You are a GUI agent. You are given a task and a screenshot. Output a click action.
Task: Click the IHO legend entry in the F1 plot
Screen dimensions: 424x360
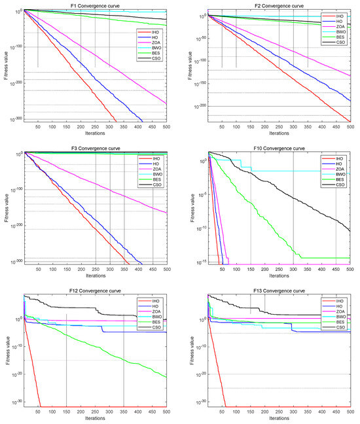click(x=156, y=31)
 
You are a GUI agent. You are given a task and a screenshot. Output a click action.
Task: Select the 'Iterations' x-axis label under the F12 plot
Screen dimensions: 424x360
click(x=95, y=417)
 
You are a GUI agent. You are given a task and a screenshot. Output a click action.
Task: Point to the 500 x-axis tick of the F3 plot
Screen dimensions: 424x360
click(x=166, y=269)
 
